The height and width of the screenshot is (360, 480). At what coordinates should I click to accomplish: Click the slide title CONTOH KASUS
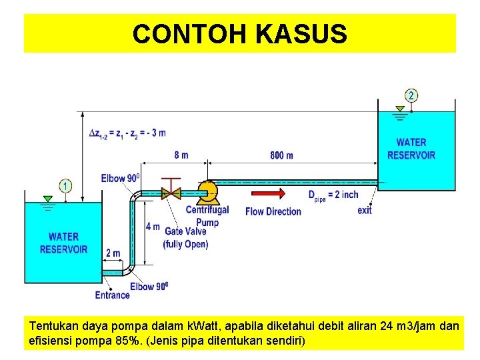coord(239,33)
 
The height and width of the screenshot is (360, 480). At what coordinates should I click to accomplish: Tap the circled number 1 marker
coord(66,185)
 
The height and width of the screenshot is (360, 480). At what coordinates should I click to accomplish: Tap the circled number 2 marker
coord(411,95)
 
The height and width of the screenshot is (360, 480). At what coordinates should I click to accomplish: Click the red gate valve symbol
coord(173,192)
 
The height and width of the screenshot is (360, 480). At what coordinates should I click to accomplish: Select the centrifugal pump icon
coord(207,192)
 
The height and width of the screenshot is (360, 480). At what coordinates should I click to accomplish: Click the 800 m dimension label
coord(281,155)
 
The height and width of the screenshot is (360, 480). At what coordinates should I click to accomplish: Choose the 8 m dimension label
coord(181,155)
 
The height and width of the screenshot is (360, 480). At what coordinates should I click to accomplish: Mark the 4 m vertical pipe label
coord(153,227)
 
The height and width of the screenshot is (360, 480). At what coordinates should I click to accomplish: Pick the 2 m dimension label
coord(113,253)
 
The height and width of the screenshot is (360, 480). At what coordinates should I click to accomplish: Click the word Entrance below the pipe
coord(113,295)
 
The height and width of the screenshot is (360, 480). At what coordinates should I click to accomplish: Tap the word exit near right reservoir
coord(365,211)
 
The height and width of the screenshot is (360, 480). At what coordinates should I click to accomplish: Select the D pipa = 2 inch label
coord(333,195)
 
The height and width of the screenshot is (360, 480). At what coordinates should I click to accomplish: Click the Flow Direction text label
coord(273,211)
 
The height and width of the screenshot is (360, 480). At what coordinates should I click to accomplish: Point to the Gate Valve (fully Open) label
coord(185,238)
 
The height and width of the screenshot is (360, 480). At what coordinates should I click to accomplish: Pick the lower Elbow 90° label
coord(149,286)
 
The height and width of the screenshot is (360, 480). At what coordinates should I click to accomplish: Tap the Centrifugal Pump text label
coord(207,215)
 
